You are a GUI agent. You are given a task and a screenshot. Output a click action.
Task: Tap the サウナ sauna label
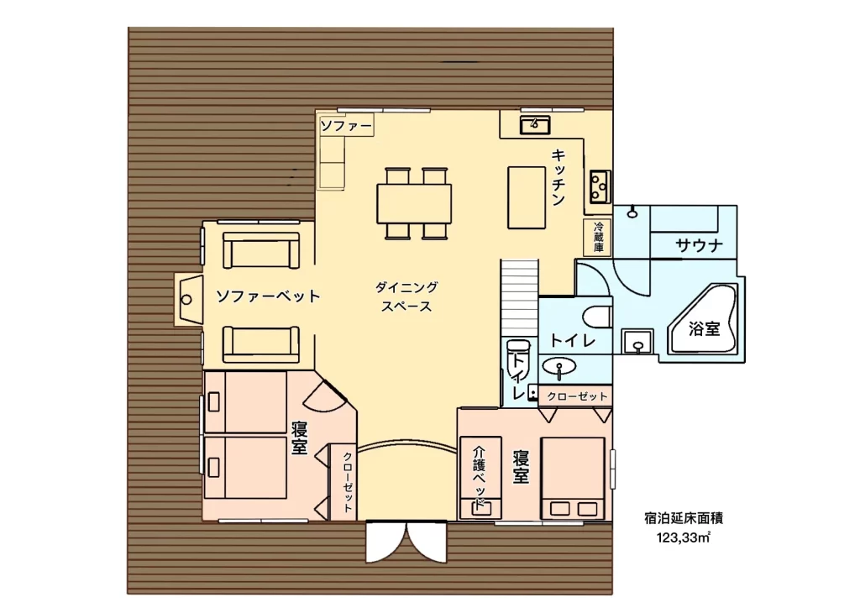coord(699,245)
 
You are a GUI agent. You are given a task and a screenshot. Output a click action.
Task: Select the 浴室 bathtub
coord(703,320)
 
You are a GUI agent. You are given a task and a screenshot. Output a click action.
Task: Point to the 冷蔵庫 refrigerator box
coord(598,237)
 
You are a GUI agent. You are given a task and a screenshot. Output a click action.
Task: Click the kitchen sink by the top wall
coord(535,124)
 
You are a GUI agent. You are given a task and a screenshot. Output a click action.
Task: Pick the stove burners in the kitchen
coord(600,186)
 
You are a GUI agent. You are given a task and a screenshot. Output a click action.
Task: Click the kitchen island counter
coord(527,197)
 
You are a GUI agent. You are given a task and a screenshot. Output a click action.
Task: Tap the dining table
coord(414,203)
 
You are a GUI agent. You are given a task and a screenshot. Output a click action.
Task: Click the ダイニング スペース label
coord(406,296)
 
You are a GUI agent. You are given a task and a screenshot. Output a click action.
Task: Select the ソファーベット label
coord(268,296)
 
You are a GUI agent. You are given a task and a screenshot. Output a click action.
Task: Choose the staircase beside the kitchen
coord(519,296)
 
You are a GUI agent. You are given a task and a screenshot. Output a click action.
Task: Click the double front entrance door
coord(406,542)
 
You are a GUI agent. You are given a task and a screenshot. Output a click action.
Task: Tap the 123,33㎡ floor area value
coord(684,537)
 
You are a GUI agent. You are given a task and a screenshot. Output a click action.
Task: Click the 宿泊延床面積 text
coord(684,517)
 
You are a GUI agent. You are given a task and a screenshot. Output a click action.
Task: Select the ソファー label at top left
coord(345,126)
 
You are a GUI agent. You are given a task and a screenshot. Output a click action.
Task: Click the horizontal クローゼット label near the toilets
coord(577,396)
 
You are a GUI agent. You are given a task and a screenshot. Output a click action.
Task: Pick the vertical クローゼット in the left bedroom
coord(348,482)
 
